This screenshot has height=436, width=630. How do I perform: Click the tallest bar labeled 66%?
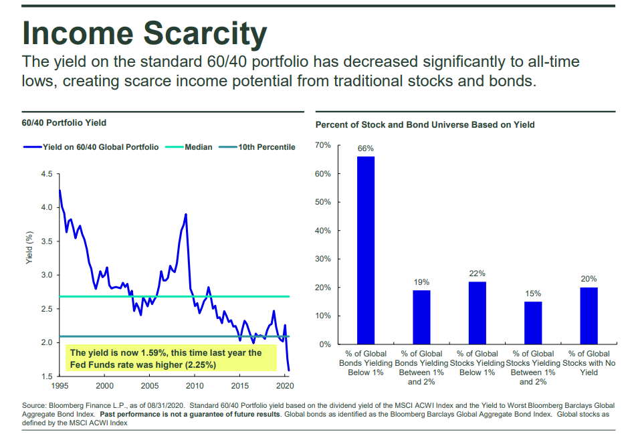coord(365,250)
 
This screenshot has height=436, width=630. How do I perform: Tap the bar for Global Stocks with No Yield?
coord(589,316)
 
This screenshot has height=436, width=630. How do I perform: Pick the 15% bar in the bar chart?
coord(533,322)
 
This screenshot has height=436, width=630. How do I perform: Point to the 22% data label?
coord(477,274)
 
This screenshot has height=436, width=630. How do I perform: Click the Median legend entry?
coord(199,147)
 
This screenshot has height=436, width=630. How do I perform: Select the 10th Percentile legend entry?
coord(266,147)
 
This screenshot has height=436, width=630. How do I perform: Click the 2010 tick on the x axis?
coord(195,387)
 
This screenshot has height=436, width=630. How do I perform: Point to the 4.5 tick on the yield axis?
coord(46,174)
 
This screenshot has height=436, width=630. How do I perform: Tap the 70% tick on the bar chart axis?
coord(322,145)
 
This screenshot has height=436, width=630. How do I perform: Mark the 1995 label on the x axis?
coord(60,387)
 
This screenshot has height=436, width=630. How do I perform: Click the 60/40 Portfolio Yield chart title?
coord(64,123)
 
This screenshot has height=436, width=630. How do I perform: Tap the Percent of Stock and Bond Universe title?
coord(425,125)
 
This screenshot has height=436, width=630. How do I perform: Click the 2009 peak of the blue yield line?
coord(185,215)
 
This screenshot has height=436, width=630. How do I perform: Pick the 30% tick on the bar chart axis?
coord(322,259)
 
